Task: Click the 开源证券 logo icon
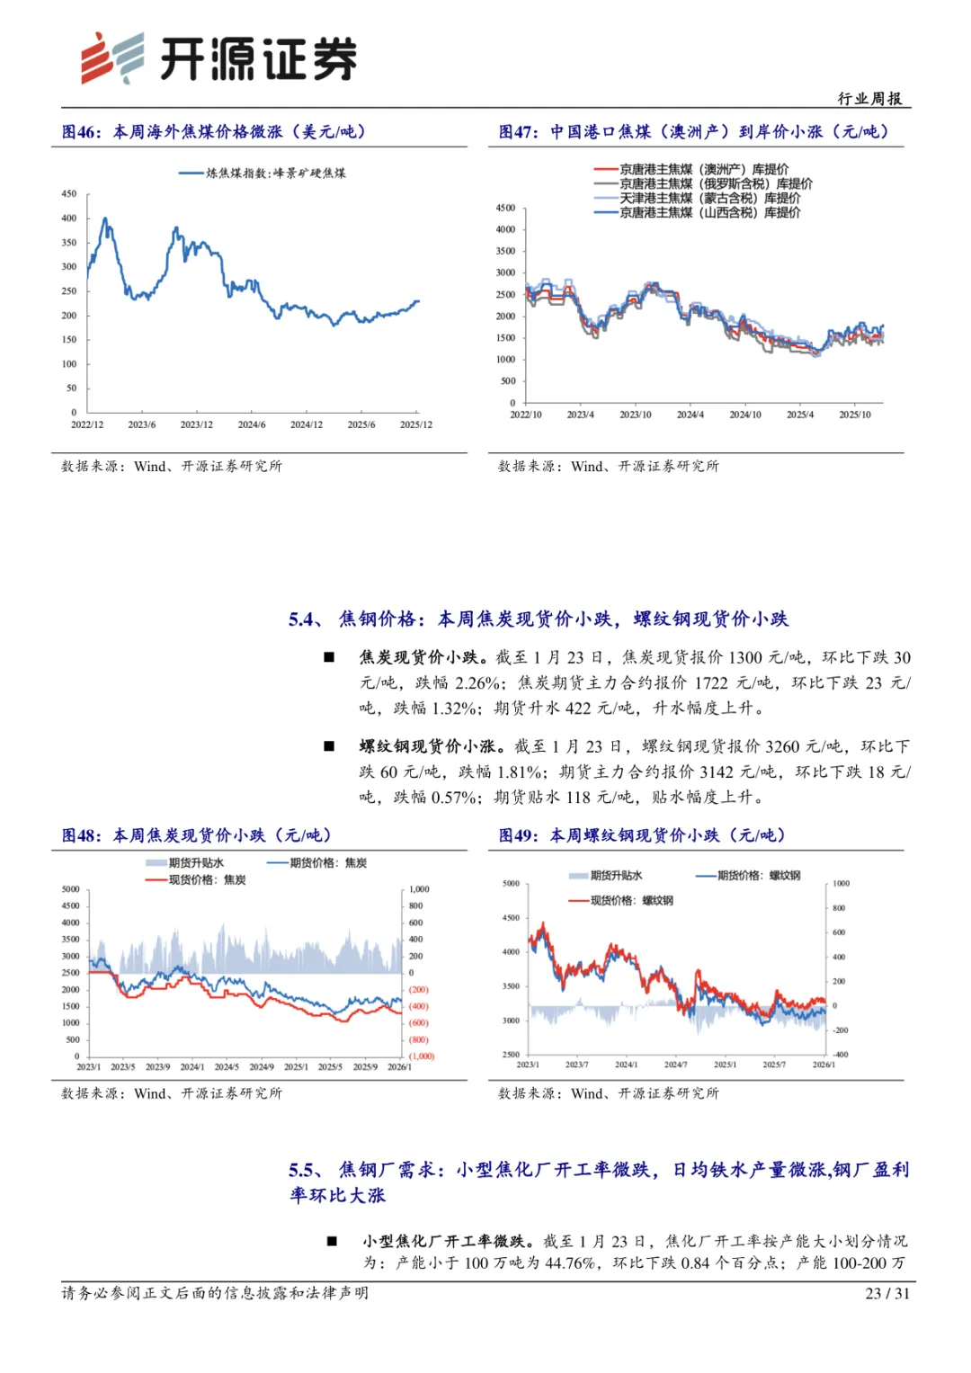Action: tap(112, 58)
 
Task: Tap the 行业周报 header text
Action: tap(869, 99)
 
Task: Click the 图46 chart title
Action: tap(214, 132)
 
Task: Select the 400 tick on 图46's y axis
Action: tap(69, 218)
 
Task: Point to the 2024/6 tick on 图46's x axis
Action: tap(252, 424)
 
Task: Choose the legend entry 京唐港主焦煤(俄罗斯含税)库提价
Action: tap(716, 183)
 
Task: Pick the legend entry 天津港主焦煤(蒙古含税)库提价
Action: tap(709, 198)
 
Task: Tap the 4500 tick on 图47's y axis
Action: tap(505, 209)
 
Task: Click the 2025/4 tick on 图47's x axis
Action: tap(800, 415)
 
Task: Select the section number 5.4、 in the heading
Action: tap(306, 620)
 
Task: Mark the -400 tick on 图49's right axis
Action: tap(841, 1054)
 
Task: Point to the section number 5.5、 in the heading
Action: tap(306, 1170)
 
